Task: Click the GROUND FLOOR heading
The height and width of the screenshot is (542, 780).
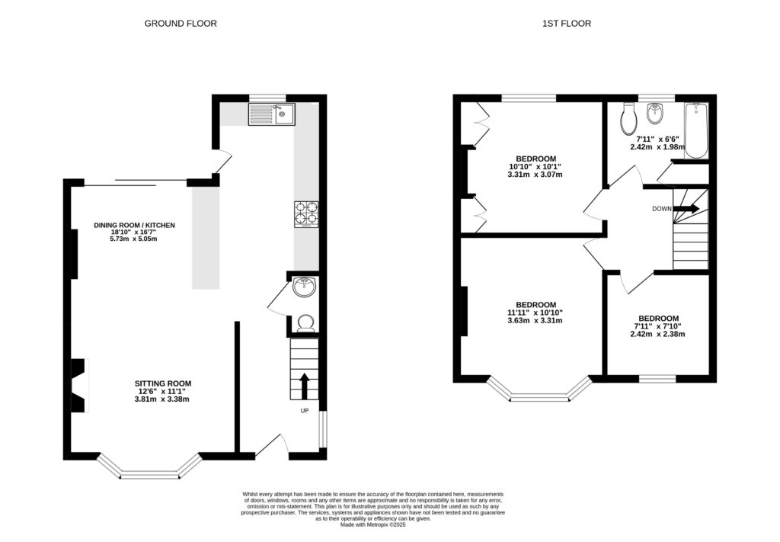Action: (x=181, y=24)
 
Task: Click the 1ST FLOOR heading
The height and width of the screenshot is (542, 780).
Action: (x=566, y=24)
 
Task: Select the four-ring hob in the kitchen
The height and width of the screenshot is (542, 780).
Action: (x=306, y=213)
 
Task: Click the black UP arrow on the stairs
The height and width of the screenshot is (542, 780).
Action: (x=305, y=385)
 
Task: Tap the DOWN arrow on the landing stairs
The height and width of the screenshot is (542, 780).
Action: (x=685, y=208)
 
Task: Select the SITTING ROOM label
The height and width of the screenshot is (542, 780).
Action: (x=163, y=383)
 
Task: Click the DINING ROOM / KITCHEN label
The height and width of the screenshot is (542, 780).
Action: (x=135, y=226)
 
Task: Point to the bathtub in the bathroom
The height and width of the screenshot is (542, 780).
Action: (x=695, y=131)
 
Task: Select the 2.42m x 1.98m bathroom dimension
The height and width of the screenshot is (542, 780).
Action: (x=657, y=147)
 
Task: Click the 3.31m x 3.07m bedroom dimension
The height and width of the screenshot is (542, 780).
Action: (x=535, y=175)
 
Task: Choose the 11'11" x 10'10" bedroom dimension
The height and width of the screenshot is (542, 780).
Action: (x=535, y=313)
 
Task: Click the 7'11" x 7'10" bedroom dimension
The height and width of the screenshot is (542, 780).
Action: (x=658, y=326)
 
